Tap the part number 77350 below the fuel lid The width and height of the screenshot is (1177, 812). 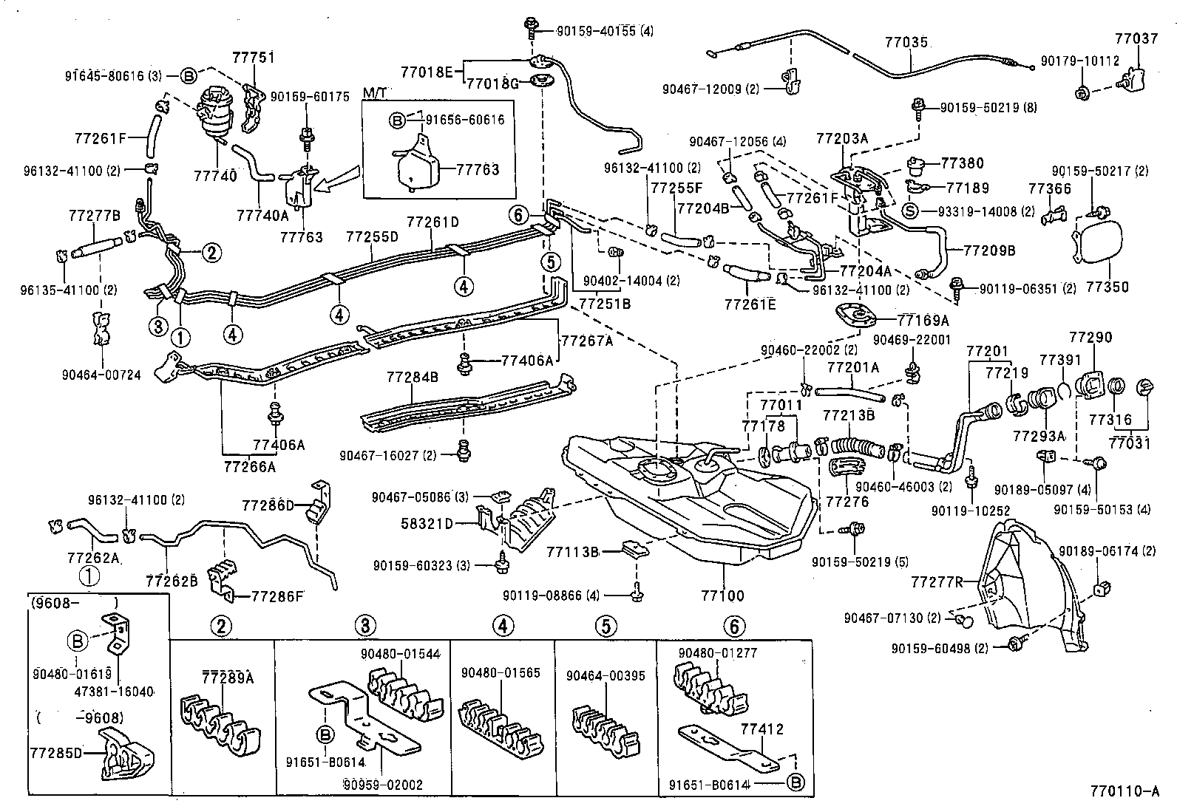tap(1108, 287)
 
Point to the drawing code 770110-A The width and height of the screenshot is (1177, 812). tap(1124, 791)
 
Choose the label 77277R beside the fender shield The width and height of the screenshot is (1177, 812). tap(937, 581)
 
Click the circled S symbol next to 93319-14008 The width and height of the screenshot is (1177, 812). tap(911, 211)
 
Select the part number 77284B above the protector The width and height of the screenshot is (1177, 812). tap(412, 378)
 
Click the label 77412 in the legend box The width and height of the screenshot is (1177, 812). tap(762, 730)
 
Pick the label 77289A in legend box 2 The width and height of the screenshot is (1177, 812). tap(228, 678)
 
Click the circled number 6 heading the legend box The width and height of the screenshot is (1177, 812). tap(733, 627)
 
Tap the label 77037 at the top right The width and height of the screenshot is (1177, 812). tap(1136, 38)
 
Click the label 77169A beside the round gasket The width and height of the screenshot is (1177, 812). tap(923, 320)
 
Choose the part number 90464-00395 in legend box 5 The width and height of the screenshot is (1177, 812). tap(606, 676)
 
